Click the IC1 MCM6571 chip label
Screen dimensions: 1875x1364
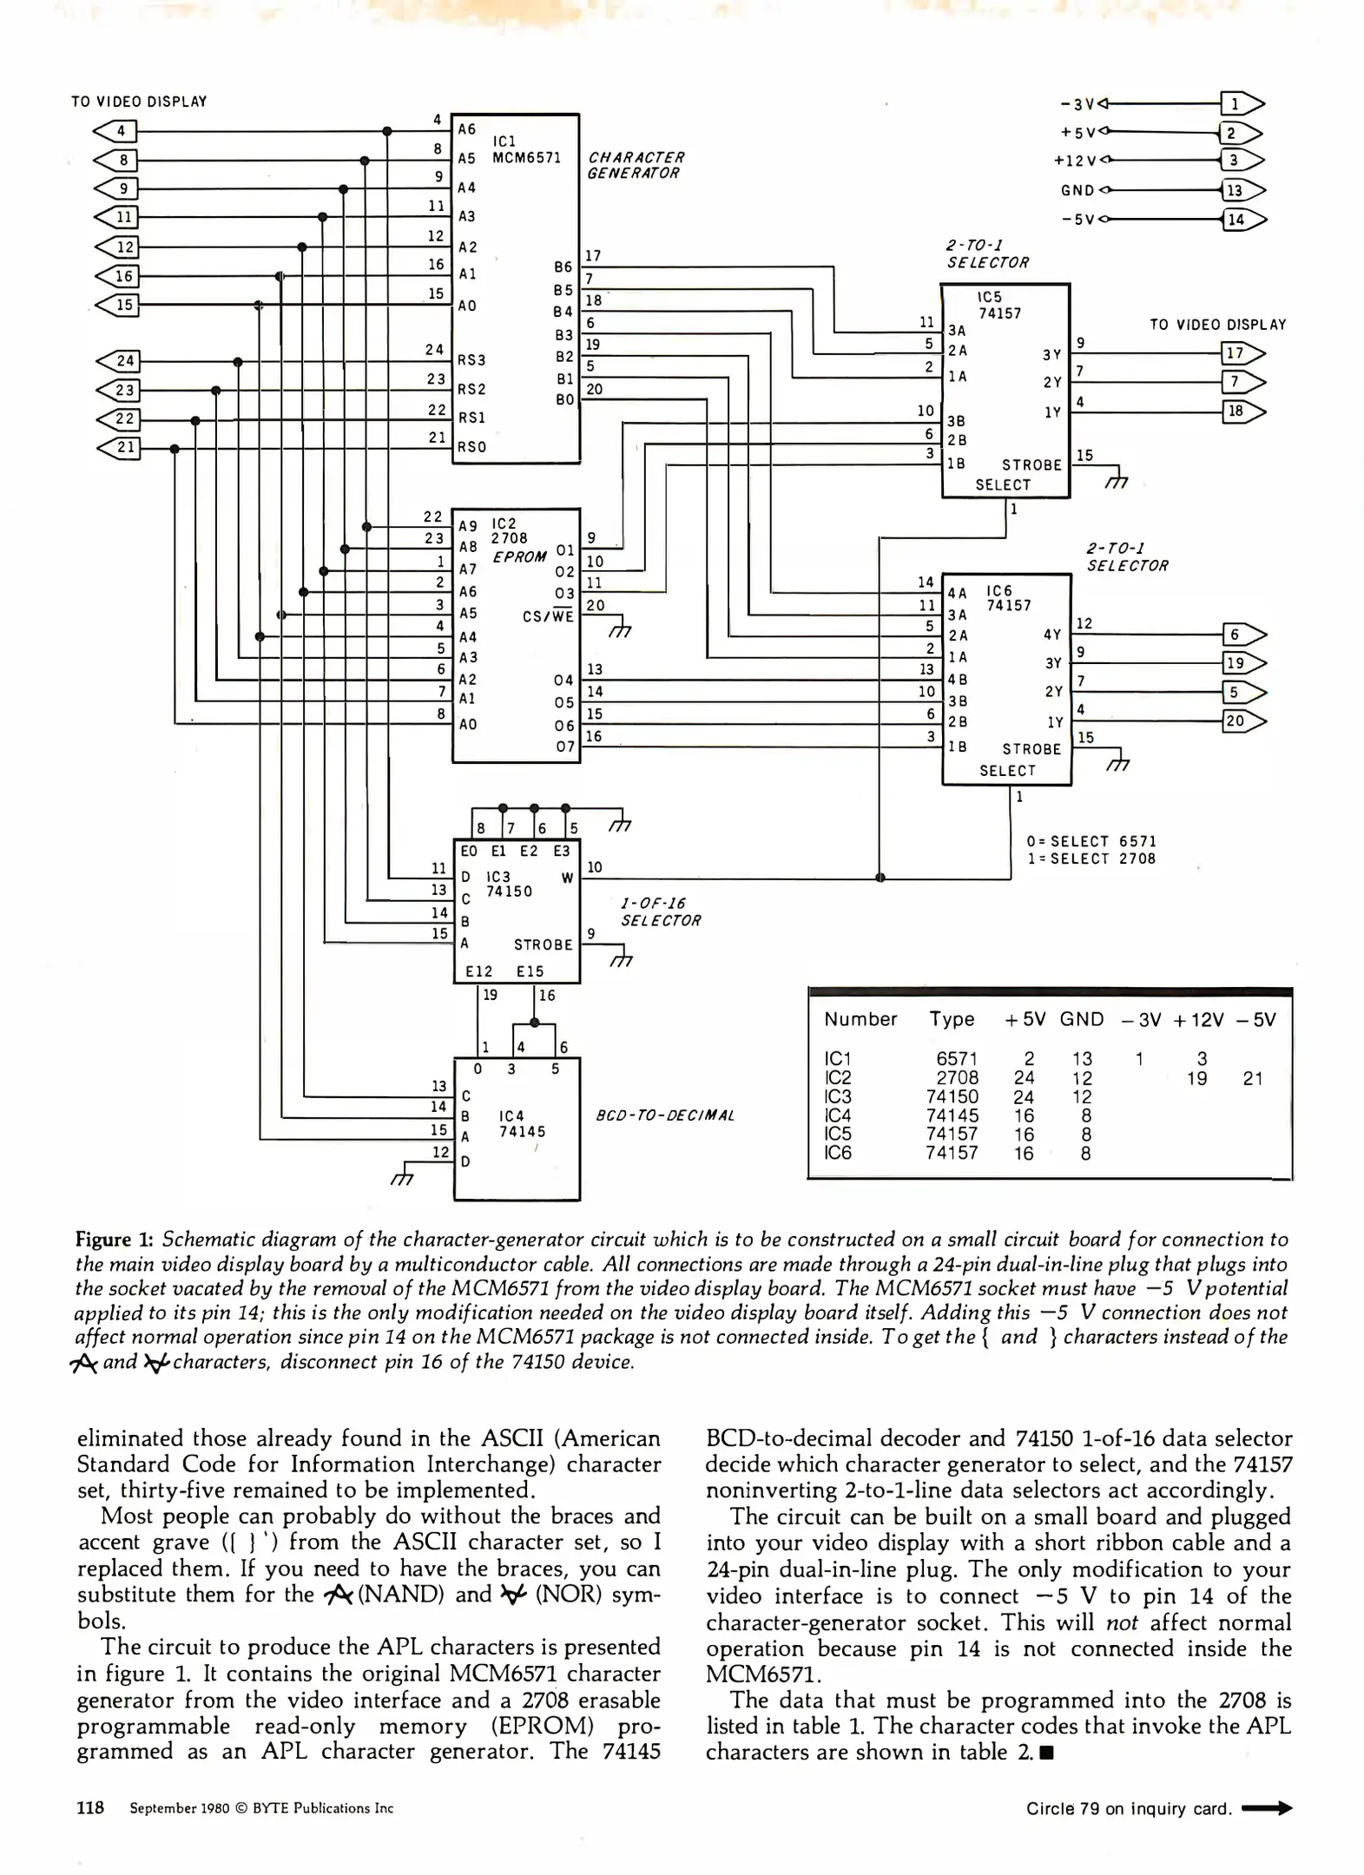click(525, 149)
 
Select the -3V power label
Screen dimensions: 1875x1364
click(1077, 104)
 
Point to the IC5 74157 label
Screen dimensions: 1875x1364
click(998, 305)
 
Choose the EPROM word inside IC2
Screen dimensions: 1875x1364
click(519, 556)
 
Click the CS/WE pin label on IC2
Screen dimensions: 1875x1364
click(548, 616)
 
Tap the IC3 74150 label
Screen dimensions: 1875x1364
click(508, 884)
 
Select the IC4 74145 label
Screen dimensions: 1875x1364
click(521, 1123)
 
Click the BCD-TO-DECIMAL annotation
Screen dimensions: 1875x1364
click(665, 1115)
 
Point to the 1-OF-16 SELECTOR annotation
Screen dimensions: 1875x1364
click(660, 911)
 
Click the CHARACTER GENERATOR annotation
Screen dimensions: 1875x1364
click(636, 165)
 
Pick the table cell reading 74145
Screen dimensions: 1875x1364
click(952, 1115)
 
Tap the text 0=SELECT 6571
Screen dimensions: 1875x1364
click(1091, 841)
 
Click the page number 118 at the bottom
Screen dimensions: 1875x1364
click(90, 1808)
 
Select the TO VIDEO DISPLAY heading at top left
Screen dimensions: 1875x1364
click(139, 102)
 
